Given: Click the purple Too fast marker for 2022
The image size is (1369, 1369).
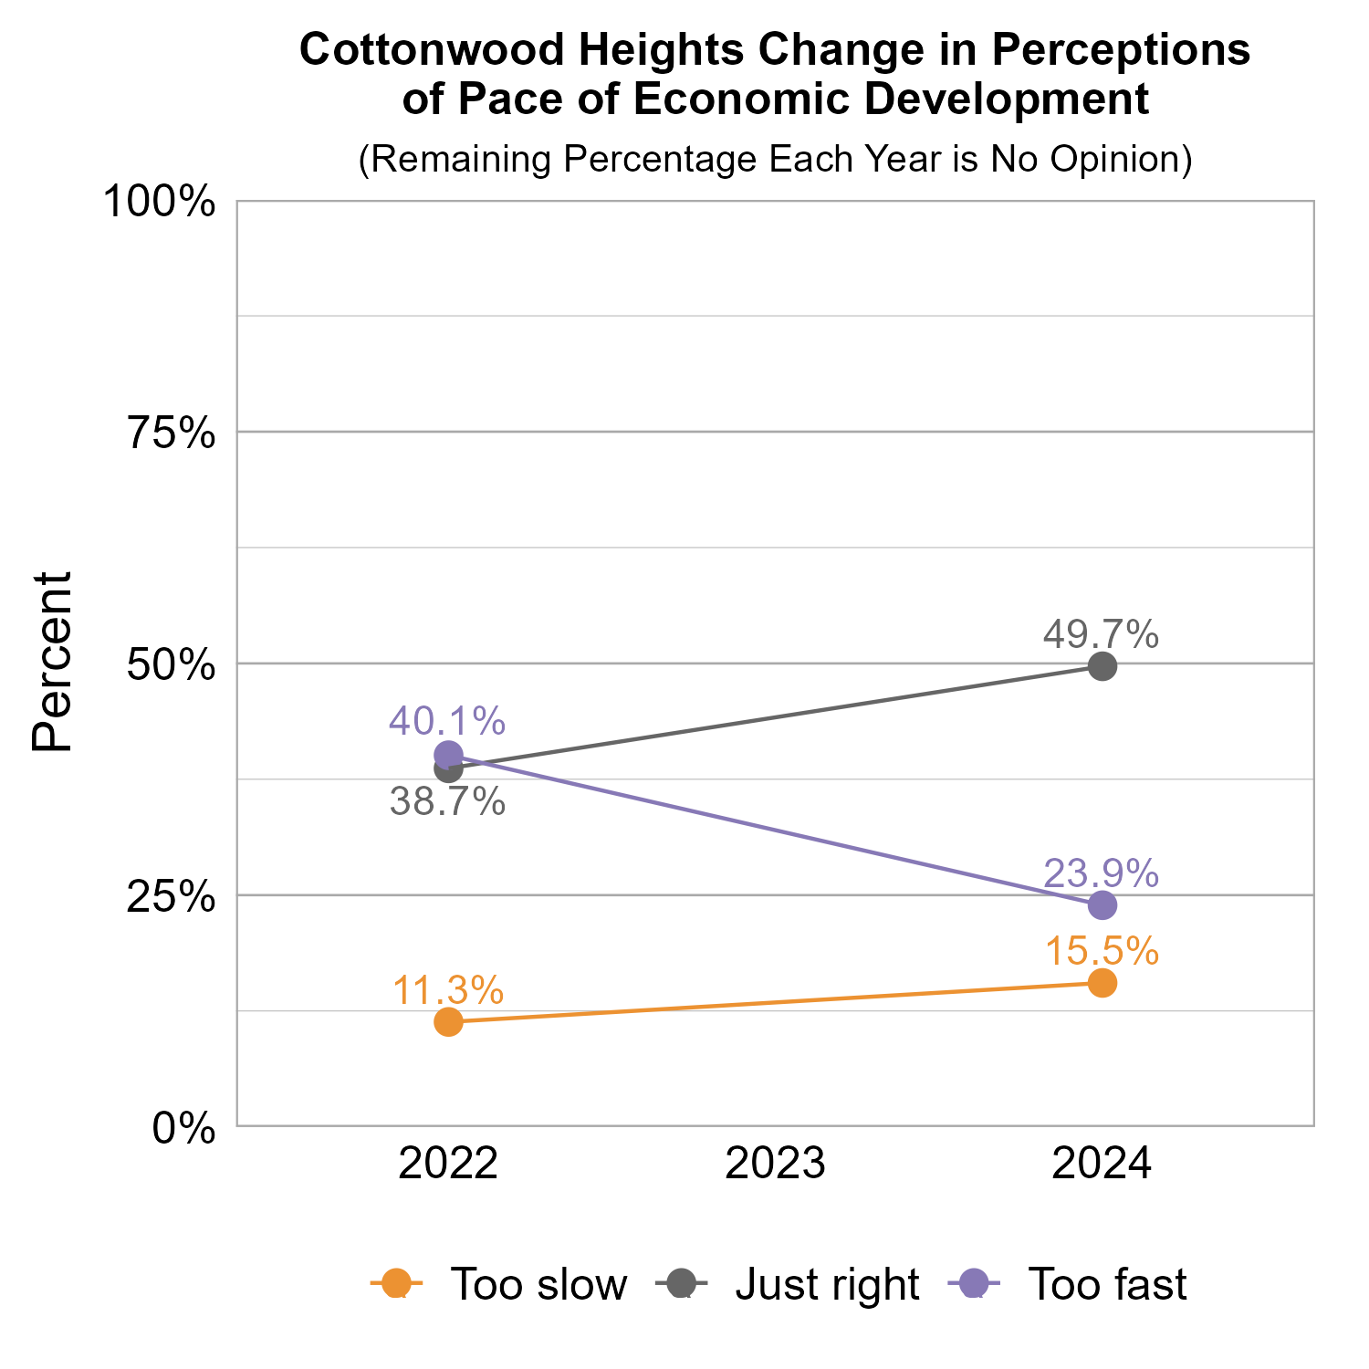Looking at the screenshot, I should point(448,755).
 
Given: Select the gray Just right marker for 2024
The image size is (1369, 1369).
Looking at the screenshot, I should point(1103,666).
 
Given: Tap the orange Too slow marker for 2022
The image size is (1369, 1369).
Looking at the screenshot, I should point(448,1021).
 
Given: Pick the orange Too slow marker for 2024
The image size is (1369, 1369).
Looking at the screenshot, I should point(1103,983).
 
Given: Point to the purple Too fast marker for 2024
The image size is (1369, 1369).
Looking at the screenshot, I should point(1103,905).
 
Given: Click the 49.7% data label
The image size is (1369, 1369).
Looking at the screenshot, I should point(1101,634).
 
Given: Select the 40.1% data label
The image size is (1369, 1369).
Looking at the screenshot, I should point(447,721).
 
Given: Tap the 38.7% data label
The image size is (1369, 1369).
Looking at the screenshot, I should point(447,802).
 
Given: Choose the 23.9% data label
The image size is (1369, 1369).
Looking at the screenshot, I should point(1101,873).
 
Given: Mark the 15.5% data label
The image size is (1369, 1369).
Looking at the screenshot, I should point(1101,951).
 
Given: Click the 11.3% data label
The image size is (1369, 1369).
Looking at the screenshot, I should point(447,990).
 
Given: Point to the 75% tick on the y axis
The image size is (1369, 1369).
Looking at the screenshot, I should point(171,433).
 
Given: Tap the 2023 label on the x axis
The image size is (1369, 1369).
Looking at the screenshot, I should point(775,1165).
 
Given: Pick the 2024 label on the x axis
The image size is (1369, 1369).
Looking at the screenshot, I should point(1102,1165).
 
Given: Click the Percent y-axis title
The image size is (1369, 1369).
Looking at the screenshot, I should point(52,663).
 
